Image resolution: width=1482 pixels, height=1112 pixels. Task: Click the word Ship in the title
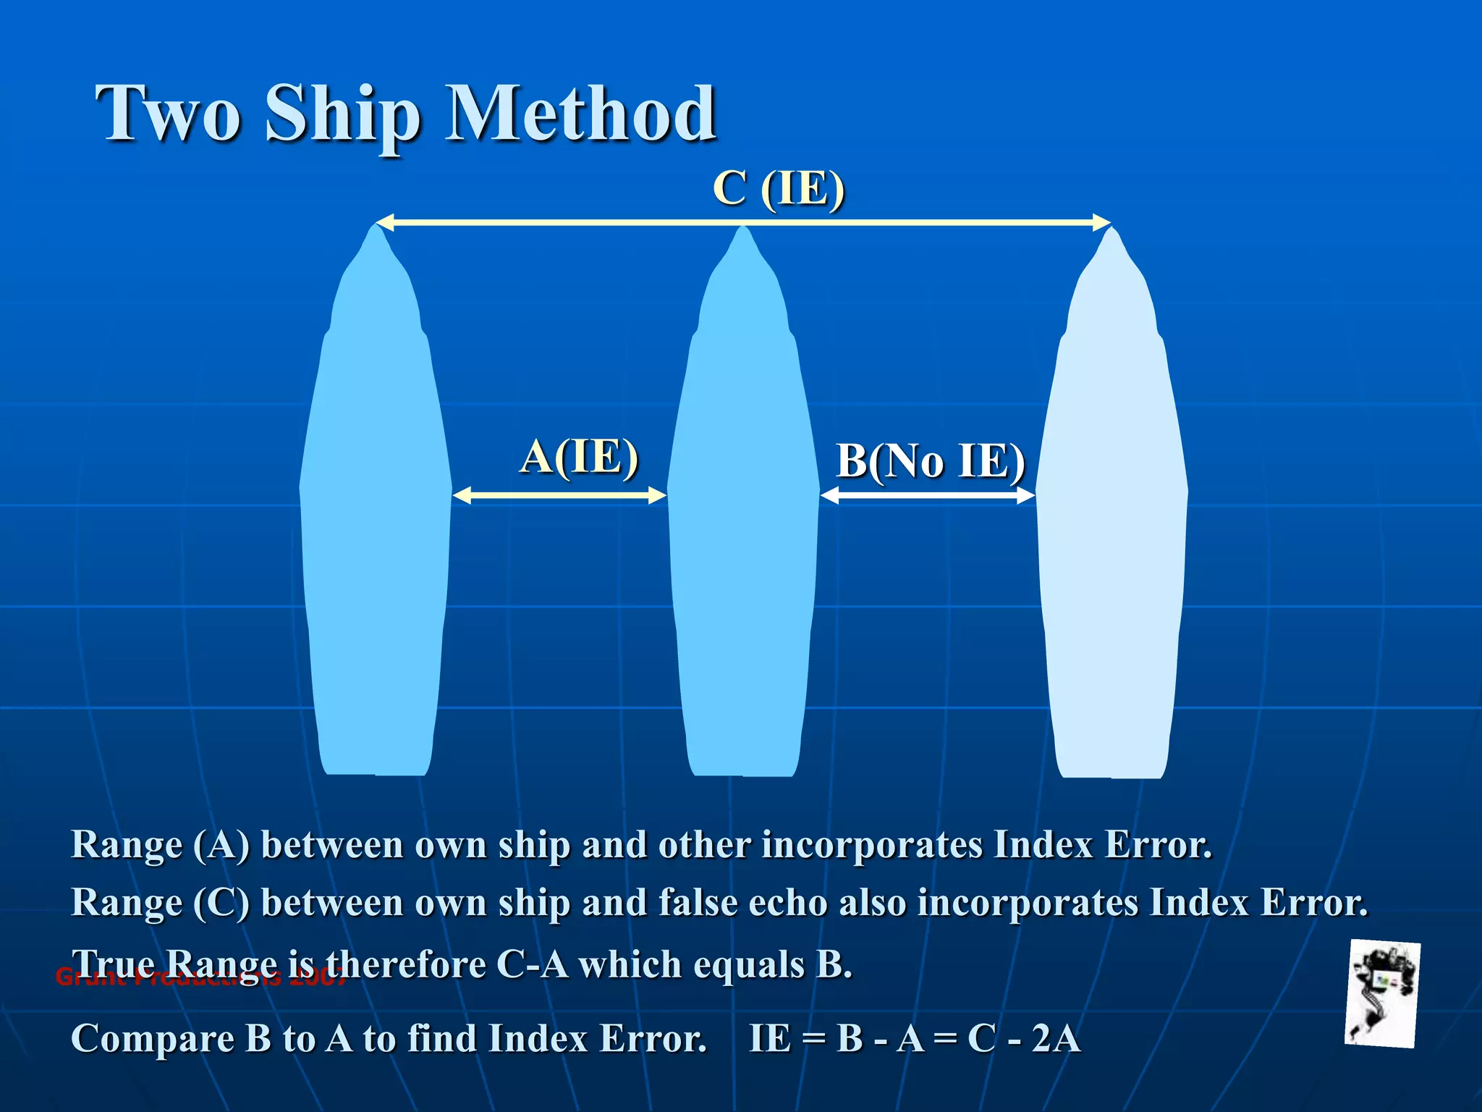(343, 116)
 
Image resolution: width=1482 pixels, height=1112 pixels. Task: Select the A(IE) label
(579, 457)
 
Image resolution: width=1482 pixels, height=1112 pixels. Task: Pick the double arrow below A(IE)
(559, 495)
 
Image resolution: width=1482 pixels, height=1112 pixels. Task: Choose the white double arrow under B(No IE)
(928, 495)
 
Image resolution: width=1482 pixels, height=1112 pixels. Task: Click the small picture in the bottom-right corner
(1382, 993)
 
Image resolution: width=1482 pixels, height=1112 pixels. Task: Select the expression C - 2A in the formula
(1024, 1038)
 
